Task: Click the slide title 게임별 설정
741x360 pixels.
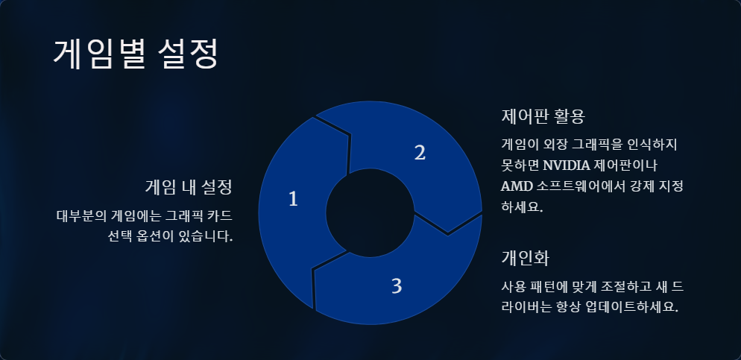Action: [x=136, y=54]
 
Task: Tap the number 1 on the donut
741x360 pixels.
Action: [x=293, y=199]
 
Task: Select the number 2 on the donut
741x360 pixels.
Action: [x=420, y=153]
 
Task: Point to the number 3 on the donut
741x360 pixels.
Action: [x=397, y=285]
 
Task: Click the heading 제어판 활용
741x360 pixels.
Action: [x=543, y=117]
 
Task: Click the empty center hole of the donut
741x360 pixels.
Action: [x=370, y=212]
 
